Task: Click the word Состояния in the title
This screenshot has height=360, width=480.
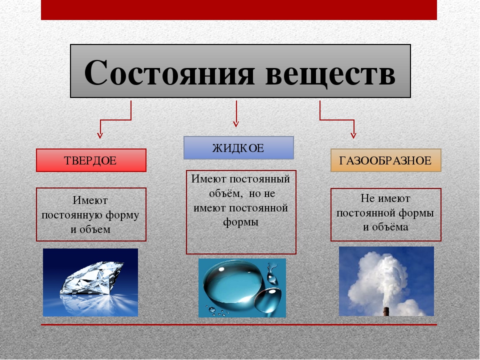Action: pyautogui.click(x=169, y=72)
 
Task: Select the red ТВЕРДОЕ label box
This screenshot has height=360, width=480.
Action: pyautogui.click(x=91, y=160)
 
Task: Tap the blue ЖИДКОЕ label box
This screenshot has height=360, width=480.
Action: pyautogui.click(x=238, y=148)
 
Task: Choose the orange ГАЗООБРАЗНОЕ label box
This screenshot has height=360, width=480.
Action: pyautogui.click(x=385, y=160)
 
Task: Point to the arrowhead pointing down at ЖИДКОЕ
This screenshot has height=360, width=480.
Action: pyautogui.click(x=235, y=123)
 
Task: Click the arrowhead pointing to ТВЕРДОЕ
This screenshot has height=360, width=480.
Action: pyautogui.click(x=100, y=135)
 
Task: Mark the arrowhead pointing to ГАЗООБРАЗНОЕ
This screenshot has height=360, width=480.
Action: pyautogui.click(x=353, y=135)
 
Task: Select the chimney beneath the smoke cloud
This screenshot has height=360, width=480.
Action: pyautogui.click(x=385, y=311)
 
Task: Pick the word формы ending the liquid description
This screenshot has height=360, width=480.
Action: pyautogui.click(x=240, y=222)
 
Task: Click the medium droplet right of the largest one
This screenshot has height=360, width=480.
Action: pyautogui.click(x=268, y=300)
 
